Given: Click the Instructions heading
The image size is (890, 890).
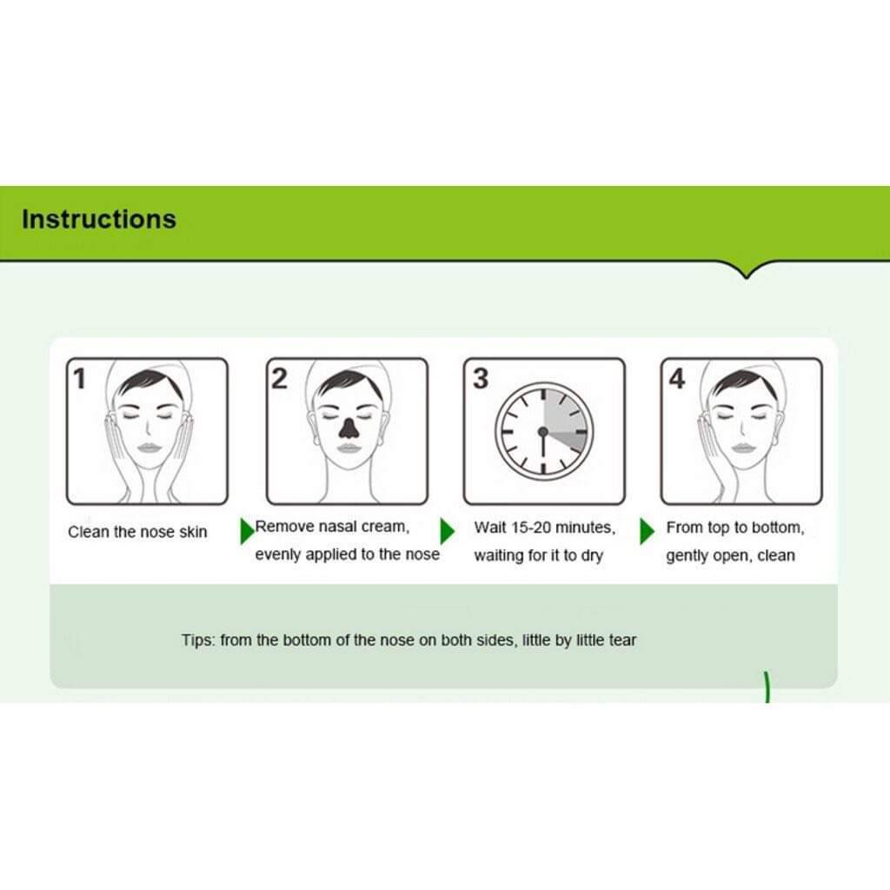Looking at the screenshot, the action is [99, 219].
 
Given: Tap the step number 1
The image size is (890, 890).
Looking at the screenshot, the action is [79, 379].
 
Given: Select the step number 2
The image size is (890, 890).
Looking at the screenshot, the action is [279, 379].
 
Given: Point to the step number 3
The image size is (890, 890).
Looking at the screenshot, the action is [480, 379].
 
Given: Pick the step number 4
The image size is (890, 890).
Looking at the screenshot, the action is [676, 379].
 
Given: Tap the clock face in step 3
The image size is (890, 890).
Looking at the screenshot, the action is [544, 431].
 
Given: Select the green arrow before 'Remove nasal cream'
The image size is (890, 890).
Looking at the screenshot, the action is [248, 531].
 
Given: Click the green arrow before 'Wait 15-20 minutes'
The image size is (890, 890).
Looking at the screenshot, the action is [448, 531].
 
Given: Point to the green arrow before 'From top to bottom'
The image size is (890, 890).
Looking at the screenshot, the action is [647, 531].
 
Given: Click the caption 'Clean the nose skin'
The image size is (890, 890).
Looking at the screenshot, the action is [137, 532].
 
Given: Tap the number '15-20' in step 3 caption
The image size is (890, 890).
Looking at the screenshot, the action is [531, 528].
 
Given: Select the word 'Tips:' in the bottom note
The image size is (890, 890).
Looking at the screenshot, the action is [198, 641].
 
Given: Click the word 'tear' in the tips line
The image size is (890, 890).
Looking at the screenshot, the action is [622, 641].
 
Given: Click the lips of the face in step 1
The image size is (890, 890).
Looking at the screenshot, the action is [148, 448].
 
